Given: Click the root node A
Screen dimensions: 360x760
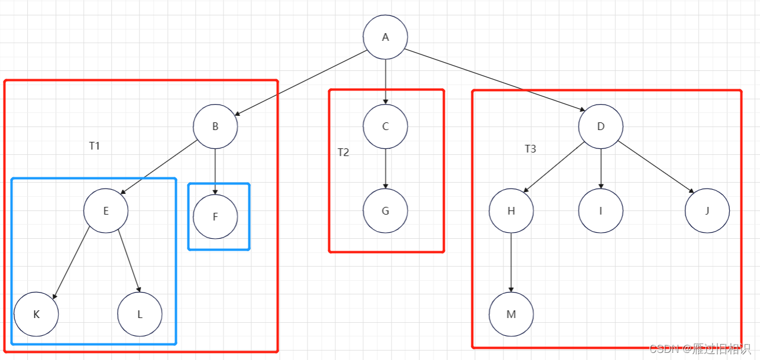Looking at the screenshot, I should (385, 37).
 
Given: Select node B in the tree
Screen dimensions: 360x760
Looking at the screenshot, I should (215, 126).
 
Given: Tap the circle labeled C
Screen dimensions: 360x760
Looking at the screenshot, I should (385, 126).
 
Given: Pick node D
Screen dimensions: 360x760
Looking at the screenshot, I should (600, 126).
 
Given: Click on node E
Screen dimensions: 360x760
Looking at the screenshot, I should (106, 211).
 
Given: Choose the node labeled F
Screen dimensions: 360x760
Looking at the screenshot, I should (215, 216).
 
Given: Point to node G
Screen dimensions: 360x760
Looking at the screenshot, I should (385, 211).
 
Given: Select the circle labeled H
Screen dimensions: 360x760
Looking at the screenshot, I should (511, 211).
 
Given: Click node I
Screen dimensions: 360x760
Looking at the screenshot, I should (600, 211).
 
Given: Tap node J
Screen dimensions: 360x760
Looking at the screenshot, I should (707, 211).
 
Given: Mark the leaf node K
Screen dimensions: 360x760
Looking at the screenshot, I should (36, 314).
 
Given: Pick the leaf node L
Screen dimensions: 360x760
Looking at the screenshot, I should (140, 314).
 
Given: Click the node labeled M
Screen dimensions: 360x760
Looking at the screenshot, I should (511, 314).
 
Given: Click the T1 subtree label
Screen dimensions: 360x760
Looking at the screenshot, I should (95, 146).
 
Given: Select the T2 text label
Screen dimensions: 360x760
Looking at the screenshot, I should (344, 153).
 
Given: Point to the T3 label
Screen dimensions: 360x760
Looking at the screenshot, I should (531, 149).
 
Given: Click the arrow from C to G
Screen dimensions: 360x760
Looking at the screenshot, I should (385, 168).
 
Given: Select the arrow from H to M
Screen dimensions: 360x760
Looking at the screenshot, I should (511, 262).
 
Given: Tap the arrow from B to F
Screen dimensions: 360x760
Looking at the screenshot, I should (215, 171).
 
